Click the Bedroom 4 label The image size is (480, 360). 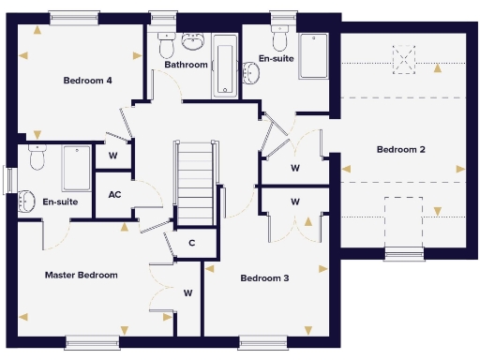(x=88, y=81)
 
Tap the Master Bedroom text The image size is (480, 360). (x=82, y=275)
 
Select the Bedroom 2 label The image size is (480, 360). (x=401, y=150)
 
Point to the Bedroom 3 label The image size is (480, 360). (x=264, y=278)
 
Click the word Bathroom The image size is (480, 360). (x=186, y=66)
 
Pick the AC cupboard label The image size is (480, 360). (x=114, y=195)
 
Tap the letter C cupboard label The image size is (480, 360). (x=191, y=244)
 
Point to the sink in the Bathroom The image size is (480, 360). (x=194, y=42)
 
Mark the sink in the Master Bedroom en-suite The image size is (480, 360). (x=25, y=199)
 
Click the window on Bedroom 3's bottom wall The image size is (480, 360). (x=256, y=342)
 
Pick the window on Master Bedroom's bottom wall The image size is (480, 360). (x=92, y=342)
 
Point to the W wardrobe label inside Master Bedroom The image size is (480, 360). (x=187, y=293)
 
